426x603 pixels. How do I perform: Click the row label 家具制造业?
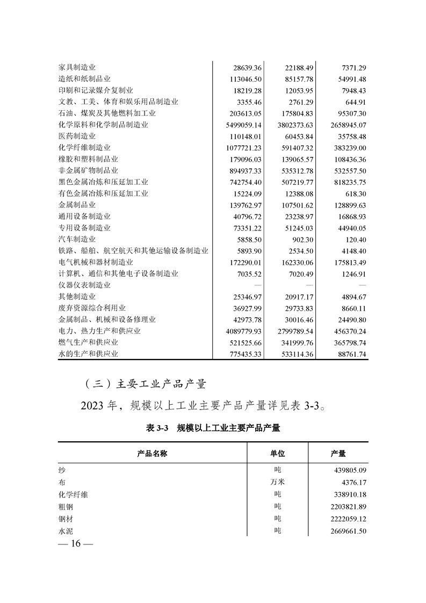click(x=77, y=68)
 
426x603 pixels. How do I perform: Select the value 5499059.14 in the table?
click(x=240, y=125)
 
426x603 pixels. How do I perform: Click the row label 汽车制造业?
click(x=77, y=239)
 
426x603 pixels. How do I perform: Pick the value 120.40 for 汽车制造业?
click(x=353, y=239)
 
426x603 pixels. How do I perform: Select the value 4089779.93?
click(x=240, y=331)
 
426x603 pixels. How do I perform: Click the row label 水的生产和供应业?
click(x=88, y=354)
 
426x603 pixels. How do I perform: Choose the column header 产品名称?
click(x=153, y=454)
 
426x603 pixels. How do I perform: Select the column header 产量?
click(x=338, y=454)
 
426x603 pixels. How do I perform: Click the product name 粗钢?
click(x=66, y=506)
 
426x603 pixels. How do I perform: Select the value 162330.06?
click(x=294, y=262)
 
